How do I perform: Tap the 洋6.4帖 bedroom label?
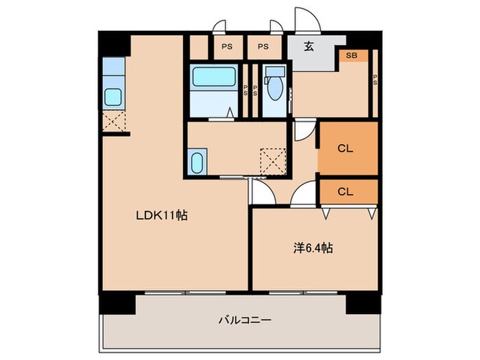[313, 249]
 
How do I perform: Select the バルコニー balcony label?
[245, 320]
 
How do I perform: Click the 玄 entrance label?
[309, 47]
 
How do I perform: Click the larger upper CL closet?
[347, 147]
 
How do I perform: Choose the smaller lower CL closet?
[347, 191]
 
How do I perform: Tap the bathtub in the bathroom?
[214, 77]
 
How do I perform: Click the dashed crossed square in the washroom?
[273, 161]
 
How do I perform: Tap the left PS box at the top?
[226, 47]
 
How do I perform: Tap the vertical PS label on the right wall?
[375, 79]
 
